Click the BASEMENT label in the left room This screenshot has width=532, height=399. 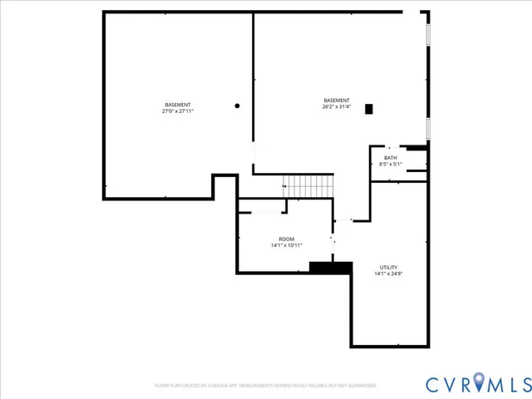[x=177, y=105]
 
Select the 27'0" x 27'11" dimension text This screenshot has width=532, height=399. [x=177, y=111]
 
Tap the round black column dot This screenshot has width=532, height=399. [x=237, y=106]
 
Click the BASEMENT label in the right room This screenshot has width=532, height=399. [x=337, y=101]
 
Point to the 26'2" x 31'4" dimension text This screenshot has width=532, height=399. [x=337, y=106]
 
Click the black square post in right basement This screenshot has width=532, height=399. [x=369, y=108]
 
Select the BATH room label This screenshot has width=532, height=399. [x=390, y=158]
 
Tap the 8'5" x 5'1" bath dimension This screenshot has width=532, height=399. [x=390, y=164]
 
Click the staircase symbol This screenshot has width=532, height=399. [x=308, y=186]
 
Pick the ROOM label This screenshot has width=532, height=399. [x=286, y=239]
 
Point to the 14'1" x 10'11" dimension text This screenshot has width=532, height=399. [x=286, y=245]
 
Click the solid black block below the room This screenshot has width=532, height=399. [x=330, y=267]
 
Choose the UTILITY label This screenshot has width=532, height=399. [x=388, y=268]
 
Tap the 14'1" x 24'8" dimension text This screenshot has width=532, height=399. [x=388, y=273]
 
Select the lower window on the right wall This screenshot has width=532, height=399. [x=428, y=129]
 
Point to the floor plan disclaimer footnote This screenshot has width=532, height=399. [x=265, y=386]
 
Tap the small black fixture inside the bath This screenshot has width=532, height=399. [x=416, y=148]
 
